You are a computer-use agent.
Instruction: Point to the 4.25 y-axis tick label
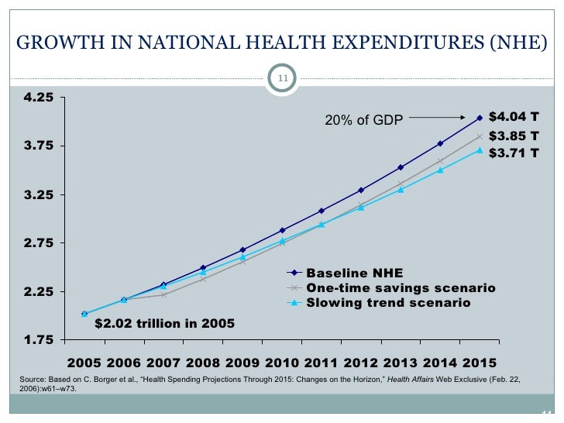pyautogui.click(x=39, y=98)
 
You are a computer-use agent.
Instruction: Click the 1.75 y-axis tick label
pyautogui.click(x=39, y=340)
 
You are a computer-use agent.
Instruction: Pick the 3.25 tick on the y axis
pyautogui.click(x=39, y=195)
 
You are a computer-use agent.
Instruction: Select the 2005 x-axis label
pyautogui.click(x=84, y=363)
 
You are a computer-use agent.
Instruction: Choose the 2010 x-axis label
pyautogui.click(x=281, y=363)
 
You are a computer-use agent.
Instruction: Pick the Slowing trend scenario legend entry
pyautogui.click(x=388, y=303)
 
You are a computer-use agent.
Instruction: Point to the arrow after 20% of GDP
pyautogui.click(x=438, y=119)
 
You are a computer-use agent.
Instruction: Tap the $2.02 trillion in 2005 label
pyautogui.click(x=163, y=323)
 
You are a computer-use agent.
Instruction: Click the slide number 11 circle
pyautogui.click(x=282, y=78)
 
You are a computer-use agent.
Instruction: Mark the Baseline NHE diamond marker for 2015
pyautogui.click(x=480, y=118)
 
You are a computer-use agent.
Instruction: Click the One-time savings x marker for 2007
pyautogui.click(x=163, y=294)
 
